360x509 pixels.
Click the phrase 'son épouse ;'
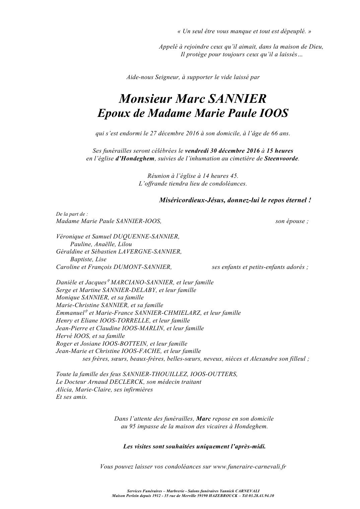(x=292, y=221)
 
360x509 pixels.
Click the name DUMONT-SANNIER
(x=145, y=267)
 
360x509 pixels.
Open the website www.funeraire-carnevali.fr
(x=249, y=466)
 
